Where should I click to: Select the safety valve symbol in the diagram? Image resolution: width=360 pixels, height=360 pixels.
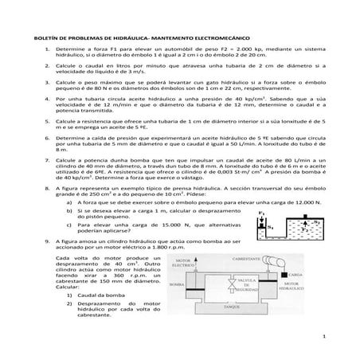click(x=230, y=284)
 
